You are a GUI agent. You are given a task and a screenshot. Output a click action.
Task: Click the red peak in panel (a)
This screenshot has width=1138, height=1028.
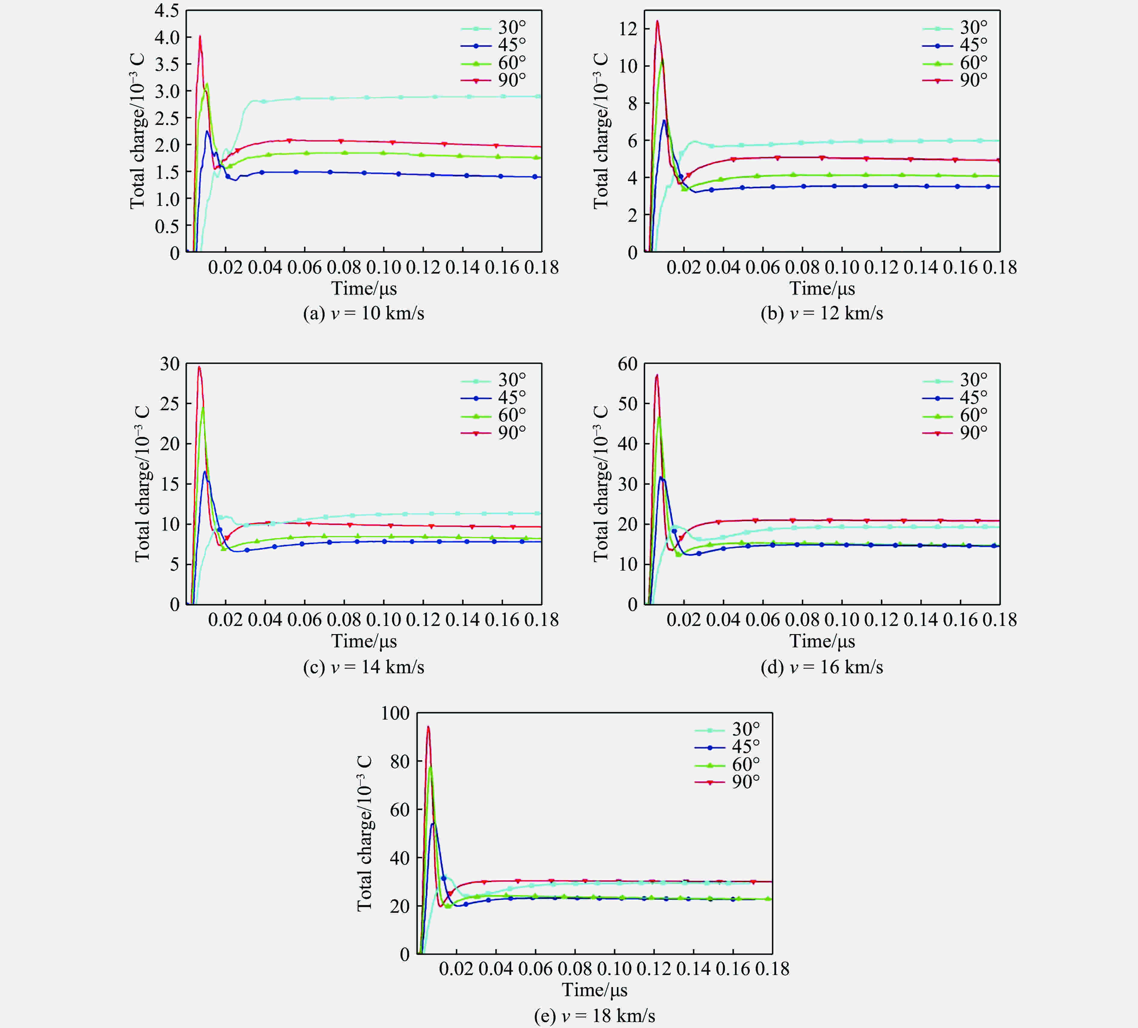pos(200,37)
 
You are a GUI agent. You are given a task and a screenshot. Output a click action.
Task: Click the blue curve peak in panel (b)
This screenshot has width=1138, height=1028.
pos(664,120)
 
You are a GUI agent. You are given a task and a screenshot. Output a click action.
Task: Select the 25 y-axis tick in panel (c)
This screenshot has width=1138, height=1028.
pos(169,404)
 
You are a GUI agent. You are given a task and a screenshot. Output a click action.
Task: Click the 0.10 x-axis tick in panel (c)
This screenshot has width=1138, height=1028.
pos(383,620)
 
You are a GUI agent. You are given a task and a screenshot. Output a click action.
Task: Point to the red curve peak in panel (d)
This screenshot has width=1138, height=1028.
pos(657,375)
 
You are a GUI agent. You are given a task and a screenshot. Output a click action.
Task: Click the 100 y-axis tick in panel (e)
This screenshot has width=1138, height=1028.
pos(395,713)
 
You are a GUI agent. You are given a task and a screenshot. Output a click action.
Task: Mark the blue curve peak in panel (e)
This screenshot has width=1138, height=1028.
pos(433,824)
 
